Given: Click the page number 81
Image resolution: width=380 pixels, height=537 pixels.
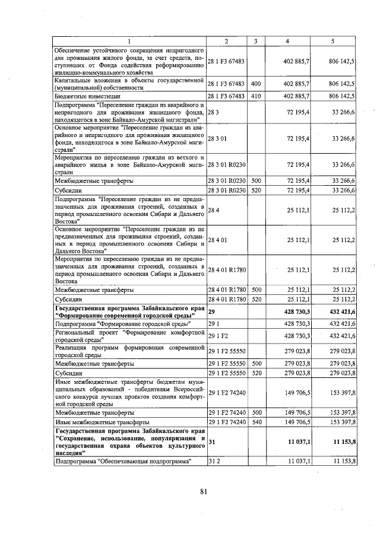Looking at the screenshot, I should (202, 491).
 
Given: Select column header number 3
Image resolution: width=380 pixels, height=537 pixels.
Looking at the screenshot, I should (256, 41).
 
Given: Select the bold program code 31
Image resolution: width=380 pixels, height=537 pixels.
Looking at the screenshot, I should (211, 441).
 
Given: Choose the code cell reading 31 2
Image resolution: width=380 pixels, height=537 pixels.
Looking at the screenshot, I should (214, 461).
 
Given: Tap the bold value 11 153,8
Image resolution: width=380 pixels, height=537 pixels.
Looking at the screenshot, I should (340, 441).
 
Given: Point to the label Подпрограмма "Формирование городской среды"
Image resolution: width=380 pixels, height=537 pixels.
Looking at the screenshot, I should (122, 324).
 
